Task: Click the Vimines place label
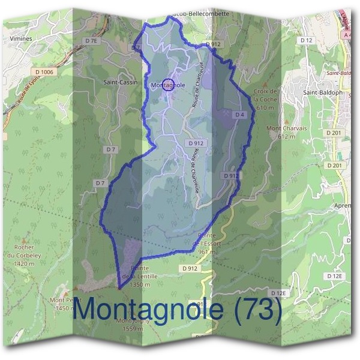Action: pyautogui.click(x=20, y=38)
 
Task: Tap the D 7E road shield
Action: pyautogui.click(x=91, y=40)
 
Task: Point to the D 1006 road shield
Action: pyautogui.click(x=44, y=71)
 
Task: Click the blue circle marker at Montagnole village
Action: pyautogui.click(x=169, y=85)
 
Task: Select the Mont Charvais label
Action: pyautogui.click(x=281, y=128)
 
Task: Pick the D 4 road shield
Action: pyautogui.click(x=239, y=114)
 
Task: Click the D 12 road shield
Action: pyautogui.click(x=307, y=40)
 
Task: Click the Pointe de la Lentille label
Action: pyautogui.click(x=135, y=273)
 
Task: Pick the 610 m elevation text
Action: pyautogui.click(x=265, y=107)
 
